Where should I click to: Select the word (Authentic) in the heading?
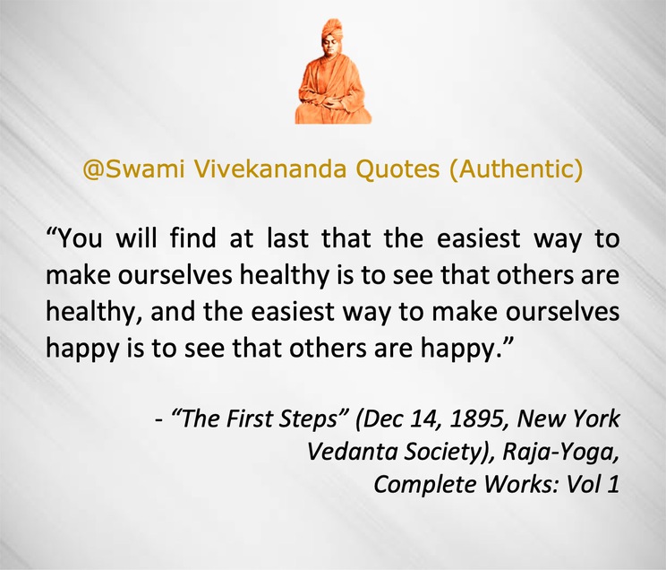(516, 169)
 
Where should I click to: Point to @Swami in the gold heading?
(133, 169)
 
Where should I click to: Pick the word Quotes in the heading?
(397, 169)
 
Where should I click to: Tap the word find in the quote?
(192, 237)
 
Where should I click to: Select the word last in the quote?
(287, 237)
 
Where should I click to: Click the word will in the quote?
(136, 237)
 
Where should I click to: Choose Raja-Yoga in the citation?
(560, 452)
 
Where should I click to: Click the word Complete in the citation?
(424, 485)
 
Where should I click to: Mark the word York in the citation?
(597, 419)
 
